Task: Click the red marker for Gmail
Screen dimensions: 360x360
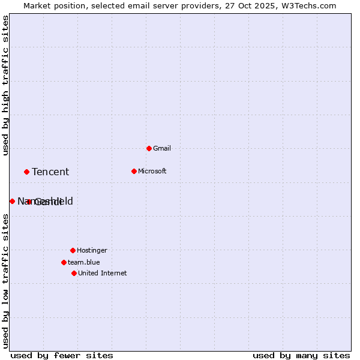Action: point(149,148)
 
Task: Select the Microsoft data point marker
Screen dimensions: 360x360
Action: point(134,171)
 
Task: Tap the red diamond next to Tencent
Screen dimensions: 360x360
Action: point(26,172)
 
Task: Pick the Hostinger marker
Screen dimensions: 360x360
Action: point(73,250)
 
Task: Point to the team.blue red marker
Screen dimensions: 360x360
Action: point(64,262)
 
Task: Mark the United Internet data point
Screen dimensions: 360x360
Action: point(74,273)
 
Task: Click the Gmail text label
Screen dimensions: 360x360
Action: point(162,148)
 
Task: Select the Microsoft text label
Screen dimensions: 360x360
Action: point(152,171)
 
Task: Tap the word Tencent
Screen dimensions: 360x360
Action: point(50,172)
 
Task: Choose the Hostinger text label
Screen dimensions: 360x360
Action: point(92,250)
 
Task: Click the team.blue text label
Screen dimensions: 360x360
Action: point(83,262)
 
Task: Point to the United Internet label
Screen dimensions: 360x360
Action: point(102,273)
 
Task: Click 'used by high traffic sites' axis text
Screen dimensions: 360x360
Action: point(5,85)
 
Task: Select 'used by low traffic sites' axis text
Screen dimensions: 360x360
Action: point(5,280)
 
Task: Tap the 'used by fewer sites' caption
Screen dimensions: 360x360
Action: point(62,356)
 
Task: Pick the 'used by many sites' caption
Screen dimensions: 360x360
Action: point(301,356)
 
